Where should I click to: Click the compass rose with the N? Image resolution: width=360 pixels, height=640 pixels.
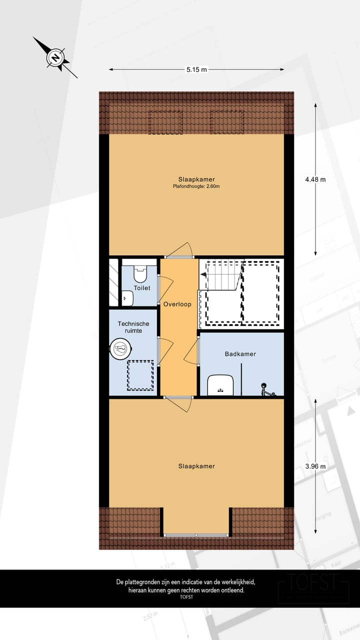(x=55, y=57)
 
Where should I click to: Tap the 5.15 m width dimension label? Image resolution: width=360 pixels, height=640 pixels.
(x=196, y=70)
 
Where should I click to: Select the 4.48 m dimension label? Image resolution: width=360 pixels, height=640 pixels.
(x=315, y=179)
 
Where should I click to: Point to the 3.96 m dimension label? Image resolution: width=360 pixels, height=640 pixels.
(x=315, y=466)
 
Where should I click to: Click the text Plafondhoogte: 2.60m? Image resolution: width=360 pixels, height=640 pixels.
(x=196, y=186)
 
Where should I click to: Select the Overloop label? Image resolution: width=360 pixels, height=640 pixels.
(x=177, y=304)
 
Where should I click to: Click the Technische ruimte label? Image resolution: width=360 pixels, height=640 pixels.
(x=133, y=327)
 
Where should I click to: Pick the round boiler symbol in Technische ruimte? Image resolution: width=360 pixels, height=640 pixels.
(x=121, y=349)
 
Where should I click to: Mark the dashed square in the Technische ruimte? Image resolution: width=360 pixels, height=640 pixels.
(x=140, y=375)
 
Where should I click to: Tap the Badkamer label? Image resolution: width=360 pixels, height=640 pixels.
(x=240, y=354)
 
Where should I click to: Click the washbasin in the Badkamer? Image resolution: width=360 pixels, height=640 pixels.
(x=220, y=384)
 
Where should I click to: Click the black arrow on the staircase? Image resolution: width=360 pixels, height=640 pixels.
(x=203, y=274)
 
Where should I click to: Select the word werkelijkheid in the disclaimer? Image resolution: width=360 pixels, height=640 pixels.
(x=234, y=582)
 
